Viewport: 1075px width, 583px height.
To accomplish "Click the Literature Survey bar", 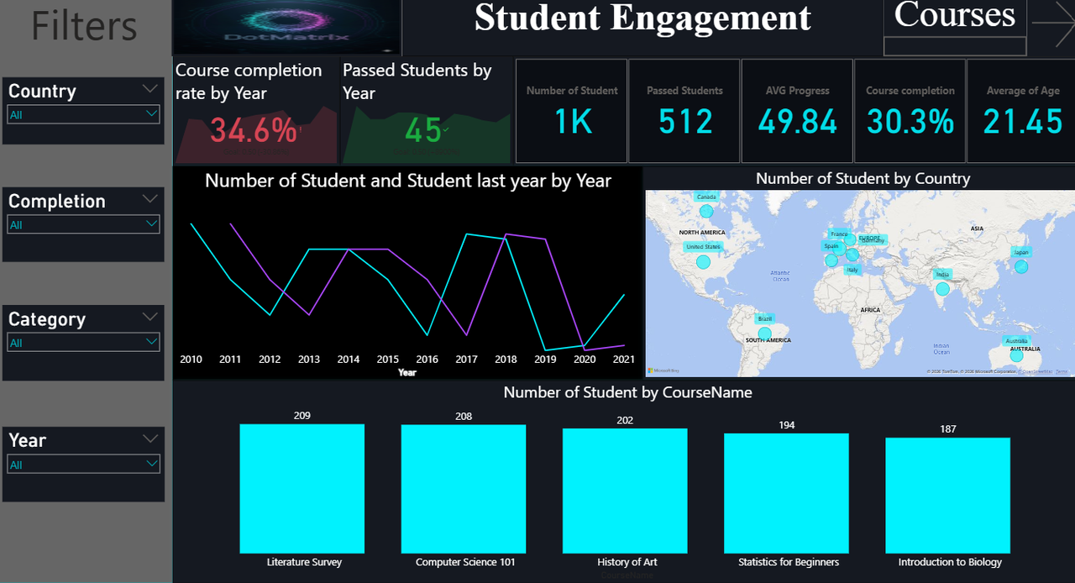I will click(x=302, y=487).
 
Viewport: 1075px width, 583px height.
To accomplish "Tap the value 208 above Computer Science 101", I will click(x=464, y=417).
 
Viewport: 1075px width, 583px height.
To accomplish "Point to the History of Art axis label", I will click(x=627, y=562).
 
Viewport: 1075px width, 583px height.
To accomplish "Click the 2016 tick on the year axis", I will click(x=427, y=360).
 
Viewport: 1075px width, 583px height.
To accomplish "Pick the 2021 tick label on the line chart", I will click(x=623, y=360).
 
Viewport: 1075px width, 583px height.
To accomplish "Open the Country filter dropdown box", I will click(x=83, y=114).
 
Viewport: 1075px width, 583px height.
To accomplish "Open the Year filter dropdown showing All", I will click(x=83, y=464).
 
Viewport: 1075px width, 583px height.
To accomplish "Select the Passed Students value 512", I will click(x=685, y=123).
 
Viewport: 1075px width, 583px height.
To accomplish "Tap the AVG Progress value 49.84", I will click(x=797, y=123).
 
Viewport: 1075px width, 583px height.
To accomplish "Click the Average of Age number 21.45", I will click(x=1023, y=123).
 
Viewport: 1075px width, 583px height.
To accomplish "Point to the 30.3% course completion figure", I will click(x=910, y=123).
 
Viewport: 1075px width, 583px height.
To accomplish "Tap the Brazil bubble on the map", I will click(x=764, y=334).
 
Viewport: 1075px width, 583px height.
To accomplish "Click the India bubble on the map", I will click(x=942, y=288).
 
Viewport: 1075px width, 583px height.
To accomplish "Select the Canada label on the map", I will click(x=706, y=197).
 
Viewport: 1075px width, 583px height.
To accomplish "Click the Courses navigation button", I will click(x=955, y=16).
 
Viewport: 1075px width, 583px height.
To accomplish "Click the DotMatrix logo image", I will click(x=287, y=28).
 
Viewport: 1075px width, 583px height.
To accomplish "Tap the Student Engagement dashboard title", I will click(x=642, y=18).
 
